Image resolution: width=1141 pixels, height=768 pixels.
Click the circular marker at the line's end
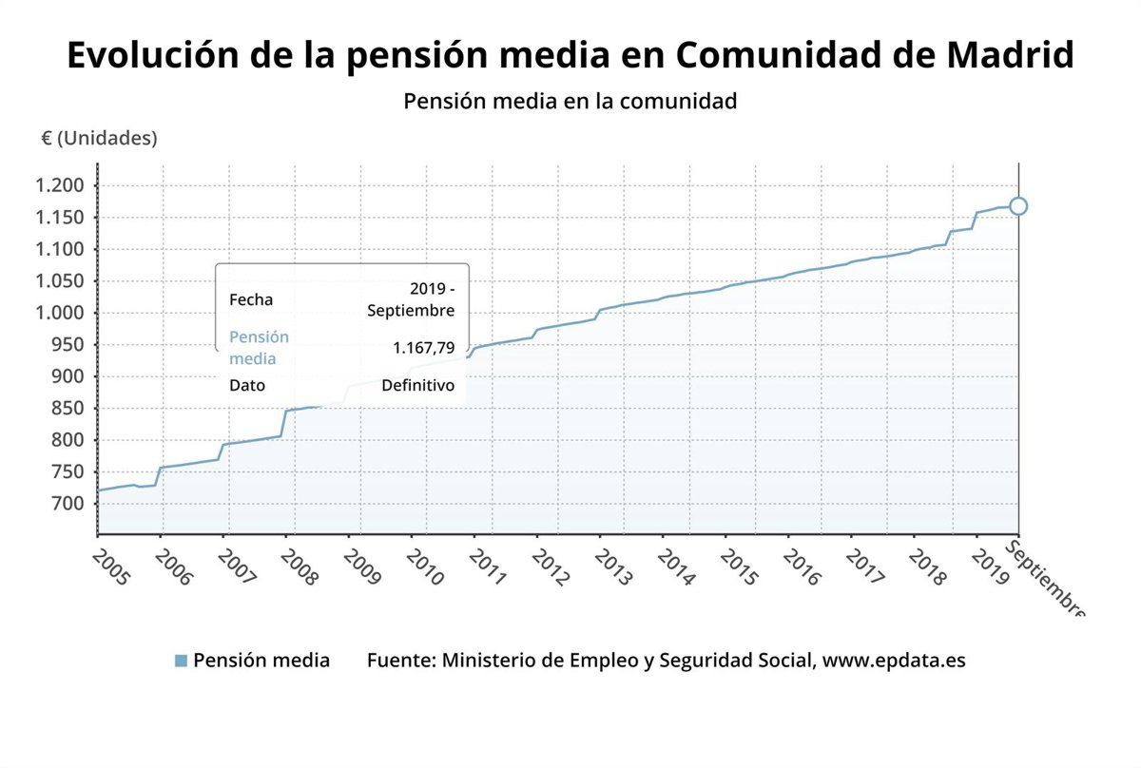[1018, 205]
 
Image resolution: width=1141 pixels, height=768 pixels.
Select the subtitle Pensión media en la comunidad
[570, 101]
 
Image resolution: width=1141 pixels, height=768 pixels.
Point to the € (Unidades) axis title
[99, 138]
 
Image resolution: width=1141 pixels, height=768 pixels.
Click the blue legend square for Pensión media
[181, 660]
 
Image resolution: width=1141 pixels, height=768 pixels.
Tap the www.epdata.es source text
[893, 660]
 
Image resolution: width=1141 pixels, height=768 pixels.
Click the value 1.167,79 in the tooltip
[423, 349]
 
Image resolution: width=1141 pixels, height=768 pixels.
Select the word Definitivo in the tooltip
[417, 385]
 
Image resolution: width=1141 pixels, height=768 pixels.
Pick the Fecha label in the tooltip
[251, 299]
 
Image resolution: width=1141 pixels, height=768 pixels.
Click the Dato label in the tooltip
[247, 385]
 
